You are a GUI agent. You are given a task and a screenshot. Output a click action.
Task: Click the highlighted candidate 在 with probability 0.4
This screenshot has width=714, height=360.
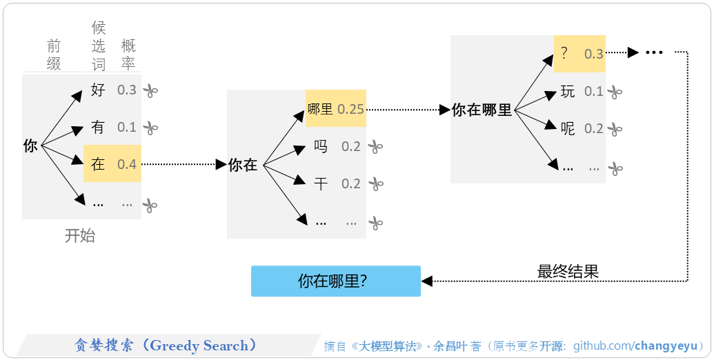(x=112, y=164)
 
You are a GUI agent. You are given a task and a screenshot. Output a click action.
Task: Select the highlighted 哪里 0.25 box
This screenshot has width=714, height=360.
(x=335, y=109)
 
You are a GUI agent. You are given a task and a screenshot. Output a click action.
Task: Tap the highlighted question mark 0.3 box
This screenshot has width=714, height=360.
(x=579, y=54)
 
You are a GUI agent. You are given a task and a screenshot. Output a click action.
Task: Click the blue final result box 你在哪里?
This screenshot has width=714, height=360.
(x=335, y=281)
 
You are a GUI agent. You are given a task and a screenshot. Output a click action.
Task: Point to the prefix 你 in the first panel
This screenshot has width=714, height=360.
(x=30, y=146)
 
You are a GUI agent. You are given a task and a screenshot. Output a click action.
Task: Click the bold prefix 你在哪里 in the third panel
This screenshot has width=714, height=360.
(x=482, y=110)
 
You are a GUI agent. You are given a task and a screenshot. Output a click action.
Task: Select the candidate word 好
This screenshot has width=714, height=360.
(x=98, y=90)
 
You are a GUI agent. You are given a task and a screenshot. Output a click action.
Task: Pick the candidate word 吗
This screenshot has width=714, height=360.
(x=320, y=146)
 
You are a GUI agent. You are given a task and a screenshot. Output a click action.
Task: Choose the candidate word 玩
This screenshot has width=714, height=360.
(x=567, y=91)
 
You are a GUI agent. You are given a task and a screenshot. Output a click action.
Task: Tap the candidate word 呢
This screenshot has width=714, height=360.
(x=567, y=128)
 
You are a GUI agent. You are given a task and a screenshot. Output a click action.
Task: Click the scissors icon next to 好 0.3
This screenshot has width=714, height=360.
(x=150, y=90)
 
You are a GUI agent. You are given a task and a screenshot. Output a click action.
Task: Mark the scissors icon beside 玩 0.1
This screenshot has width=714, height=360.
(x=615, y=92)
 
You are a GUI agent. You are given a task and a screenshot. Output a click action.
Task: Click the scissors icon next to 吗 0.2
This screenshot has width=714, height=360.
(x=375, y=146)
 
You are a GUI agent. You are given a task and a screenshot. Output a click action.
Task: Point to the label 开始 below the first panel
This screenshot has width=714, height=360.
(x=80, y=236)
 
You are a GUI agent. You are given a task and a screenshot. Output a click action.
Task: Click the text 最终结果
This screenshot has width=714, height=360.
(x=568, y=272)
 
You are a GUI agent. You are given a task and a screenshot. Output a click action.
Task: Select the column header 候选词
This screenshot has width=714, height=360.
(x=99, y=46)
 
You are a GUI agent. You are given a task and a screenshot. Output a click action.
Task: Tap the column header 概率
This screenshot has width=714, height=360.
(x=128, y=54)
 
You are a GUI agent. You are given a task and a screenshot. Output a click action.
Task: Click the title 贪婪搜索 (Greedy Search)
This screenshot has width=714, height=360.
(x=166, y=346)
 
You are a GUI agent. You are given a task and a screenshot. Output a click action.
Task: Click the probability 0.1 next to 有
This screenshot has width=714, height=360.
(x=127, y=128)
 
